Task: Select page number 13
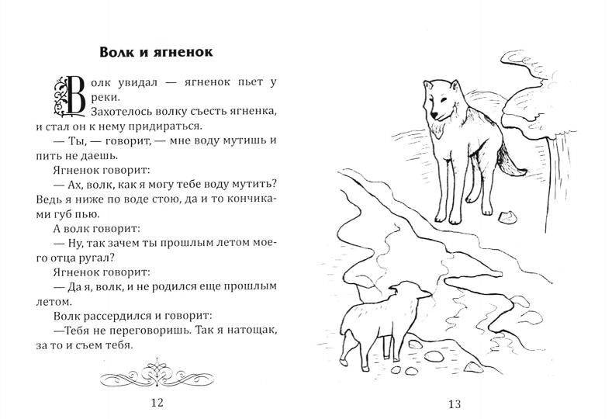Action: (455, 403)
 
